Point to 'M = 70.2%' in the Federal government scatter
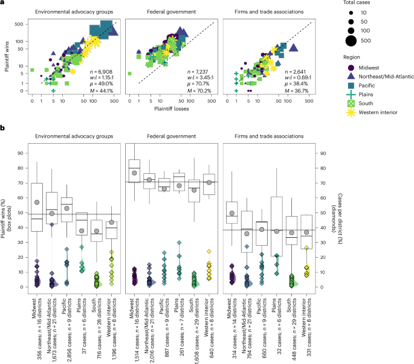click(195, 91)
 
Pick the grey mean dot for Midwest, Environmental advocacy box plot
click(37, 202)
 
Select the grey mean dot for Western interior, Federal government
click(209, 182)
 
